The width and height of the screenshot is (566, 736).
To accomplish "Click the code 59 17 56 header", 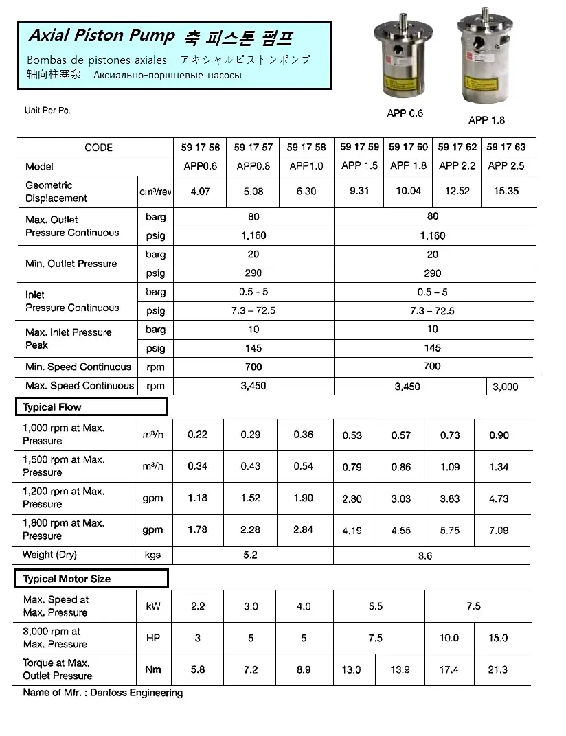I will point(200,148).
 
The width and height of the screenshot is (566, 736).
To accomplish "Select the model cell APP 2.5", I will point(506,165).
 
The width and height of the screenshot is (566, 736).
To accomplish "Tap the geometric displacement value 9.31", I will point(359,191).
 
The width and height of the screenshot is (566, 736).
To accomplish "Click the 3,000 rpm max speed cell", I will point(506,387).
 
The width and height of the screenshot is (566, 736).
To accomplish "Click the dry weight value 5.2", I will point(250,555).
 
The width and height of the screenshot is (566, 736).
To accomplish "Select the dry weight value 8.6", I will point(425,555).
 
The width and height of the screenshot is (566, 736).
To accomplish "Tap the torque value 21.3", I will point(497,669).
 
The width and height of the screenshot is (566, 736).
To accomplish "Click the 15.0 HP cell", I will point(497,638).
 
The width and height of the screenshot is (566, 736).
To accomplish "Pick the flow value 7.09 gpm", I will point(499,530).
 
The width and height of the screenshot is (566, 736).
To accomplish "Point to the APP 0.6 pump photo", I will point(406,62).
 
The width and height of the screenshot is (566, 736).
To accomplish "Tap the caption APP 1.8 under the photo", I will point(486,120).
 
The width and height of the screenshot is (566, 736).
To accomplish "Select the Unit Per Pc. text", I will point(47,111).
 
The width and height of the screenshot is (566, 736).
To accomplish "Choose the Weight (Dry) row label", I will point(49,555).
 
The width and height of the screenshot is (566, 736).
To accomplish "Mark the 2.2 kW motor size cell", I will point(198,606).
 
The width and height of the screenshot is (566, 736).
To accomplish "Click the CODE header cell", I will point(98,148).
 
